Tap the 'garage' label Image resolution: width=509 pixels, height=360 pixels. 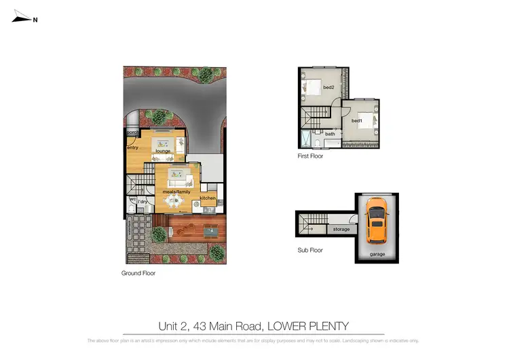377,254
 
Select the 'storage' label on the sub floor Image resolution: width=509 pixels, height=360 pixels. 341,230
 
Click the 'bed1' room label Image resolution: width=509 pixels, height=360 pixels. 357,121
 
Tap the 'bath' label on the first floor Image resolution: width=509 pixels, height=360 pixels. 331,134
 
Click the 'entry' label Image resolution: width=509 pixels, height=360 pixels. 132,147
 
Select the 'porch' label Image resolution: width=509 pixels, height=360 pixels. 132,133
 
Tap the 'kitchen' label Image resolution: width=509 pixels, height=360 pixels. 208,198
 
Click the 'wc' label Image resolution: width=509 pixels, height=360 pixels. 133,199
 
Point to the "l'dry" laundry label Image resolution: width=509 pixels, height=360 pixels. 143,202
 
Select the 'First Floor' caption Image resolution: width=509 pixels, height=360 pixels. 310,156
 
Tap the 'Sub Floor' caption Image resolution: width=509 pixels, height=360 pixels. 309,250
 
